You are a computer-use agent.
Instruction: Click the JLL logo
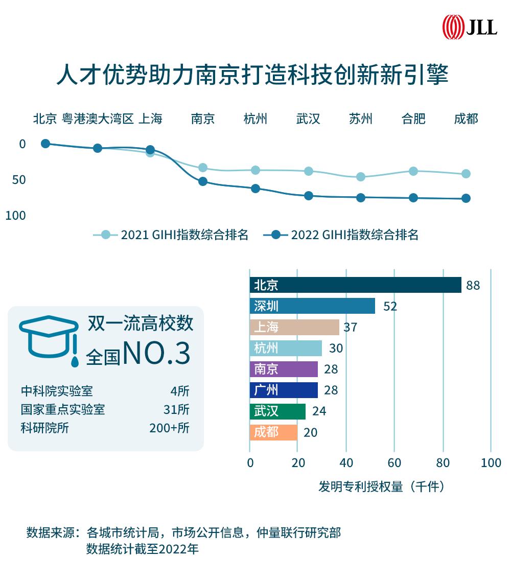(469, 27)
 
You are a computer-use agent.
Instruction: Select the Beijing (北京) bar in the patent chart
(355, 285)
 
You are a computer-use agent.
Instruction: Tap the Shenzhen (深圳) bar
(312, 306)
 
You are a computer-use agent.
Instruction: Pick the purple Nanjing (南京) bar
(284, 369)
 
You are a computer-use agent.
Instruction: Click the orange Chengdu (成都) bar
(273, 432)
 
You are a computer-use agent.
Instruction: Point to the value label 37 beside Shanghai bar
(351, 327)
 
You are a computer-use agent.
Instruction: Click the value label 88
(473, 285)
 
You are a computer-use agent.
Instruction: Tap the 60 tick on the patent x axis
(394, 463)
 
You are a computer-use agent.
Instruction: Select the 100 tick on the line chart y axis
(15, 216)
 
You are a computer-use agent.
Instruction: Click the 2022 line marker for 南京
(203, 181)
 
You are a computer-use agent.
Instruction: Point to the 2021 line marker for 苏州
(361, 177)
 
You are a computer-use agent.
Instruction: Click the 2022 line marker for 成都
(466, 198)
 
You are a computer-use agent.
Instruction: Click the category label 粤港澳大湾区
(98, 119)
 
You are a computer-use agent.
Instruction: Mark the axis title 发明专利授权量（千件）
(382, 486)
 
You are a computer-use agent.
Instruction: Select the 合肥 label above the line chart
(413, 119)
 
